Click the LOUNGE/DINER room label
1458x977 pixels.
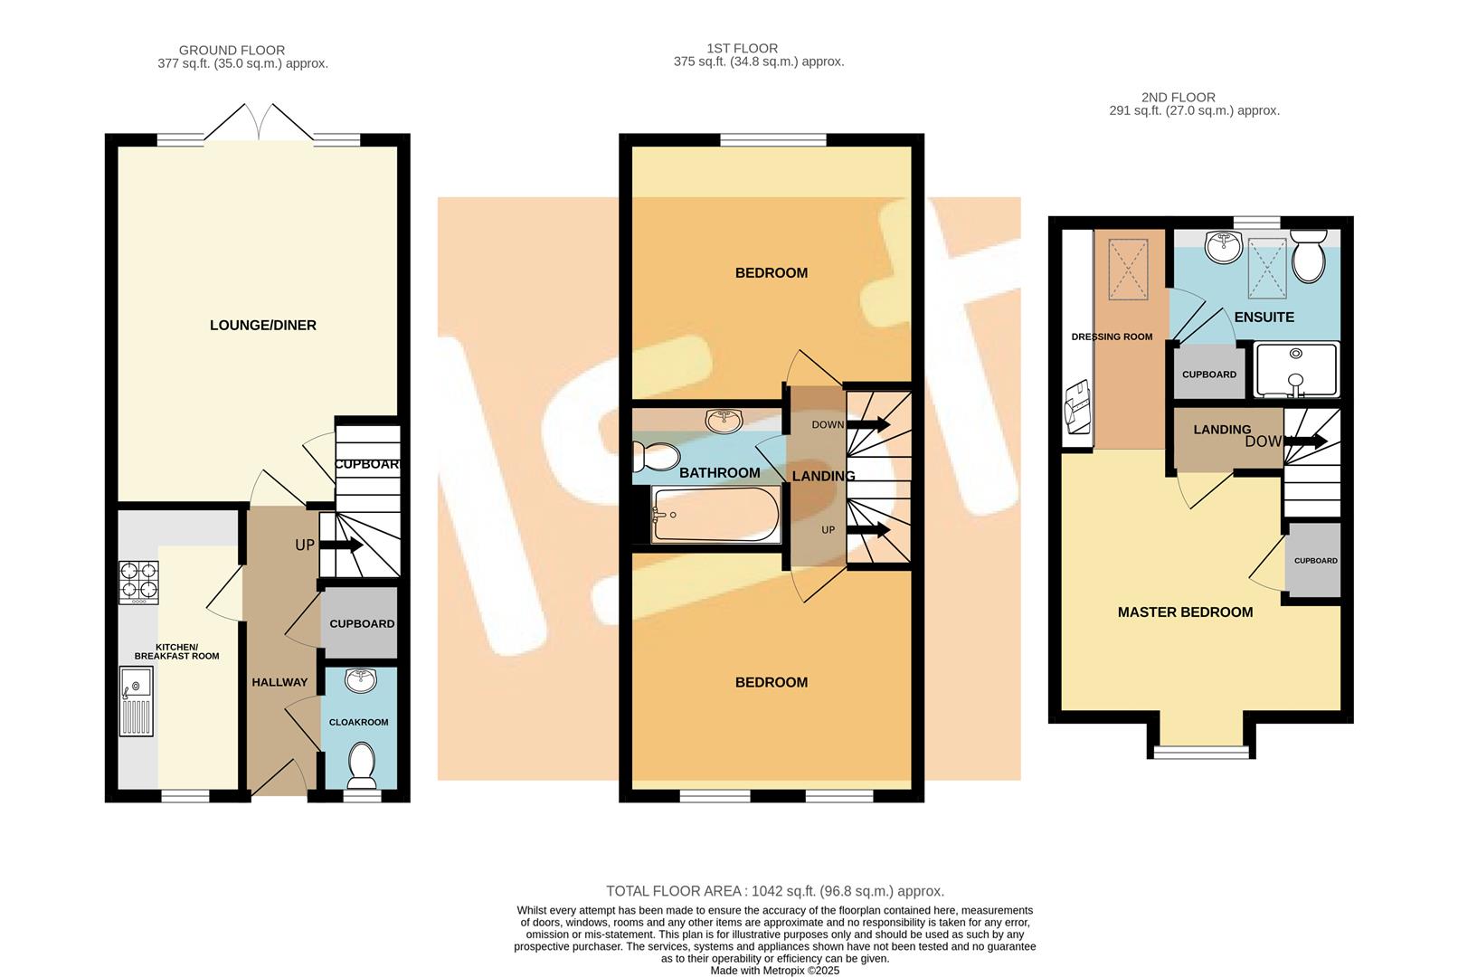point(262,326)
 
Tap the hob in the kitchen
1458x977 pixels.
point(138,583)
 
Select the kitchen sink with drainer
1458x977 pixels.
point(137,702)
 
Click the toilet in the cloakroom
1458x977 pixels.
point(363,764)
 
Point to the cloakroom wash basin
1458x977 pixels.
point(362,680)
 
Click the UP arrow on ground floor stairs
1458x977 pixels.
point(340,545)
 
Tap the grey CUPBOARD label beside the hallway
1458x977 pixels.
point(362,624)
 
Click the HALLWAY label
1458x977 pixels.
point(279,682)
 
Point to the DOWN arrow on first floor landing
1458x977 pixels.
point(868,424)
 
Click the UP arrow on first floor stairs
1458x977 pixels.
point(868,530)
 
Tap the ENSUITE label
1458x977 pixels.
point(1264,318)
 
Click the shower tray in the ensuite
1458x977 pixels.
point(1296,369)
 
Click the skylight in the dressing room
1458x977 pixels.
point(1128,269)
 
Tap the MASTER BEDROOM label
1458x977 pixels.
point(1185,612)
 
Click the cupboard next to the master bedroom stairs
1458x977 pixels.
point(1314,560)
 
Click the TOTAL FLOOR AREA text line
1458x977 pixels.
point(774,891)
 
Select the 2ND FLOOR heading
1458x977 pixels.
point(1178,97)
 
